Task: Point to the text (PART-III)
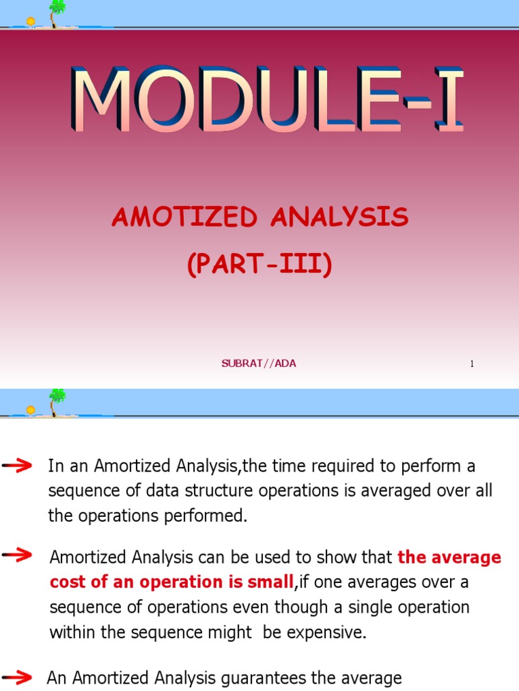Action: click(x=260, y=265)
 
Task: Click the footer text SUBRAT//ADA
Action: click(x=259, y=364)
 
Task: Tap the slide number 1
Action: click(x=472, y=364)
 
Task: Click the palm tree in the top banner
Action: click(x=57, y=12)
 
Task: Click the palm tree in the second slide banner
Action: click(x=57, y=401)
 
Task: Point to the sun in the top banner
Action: click(x=30, y=22)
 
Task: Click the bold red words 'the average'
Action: click(x=449, y=557)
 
